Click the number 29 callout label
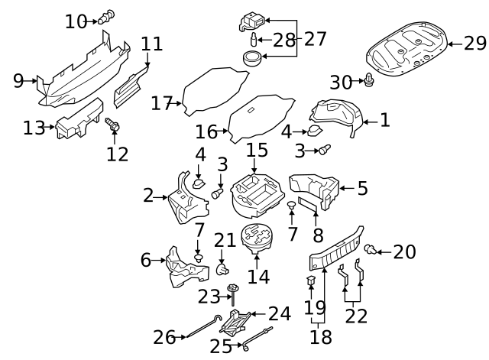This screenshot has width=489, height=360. pyautogui.click(x=474, y=44)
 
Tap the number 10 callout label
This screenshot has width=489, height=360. pyautogui.click(x=76, y=21)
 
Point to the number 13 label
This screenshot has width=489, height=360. pyautogui.click(x=34, y=128)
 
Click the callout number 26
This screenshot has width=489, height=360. pyautogui.click(x=164, y=336)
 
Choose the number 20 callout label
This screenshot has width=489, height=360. pyautogui.click(x=404, y=251)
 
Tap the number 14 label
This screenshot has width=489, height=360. pyautogui.click(x=258, y=276)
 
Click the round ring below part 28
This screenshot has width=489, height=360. pyautogui.click(x=253, y=57)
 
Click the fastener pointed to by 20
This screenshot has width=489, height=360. pyautogui.click(x=370, y=249)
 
